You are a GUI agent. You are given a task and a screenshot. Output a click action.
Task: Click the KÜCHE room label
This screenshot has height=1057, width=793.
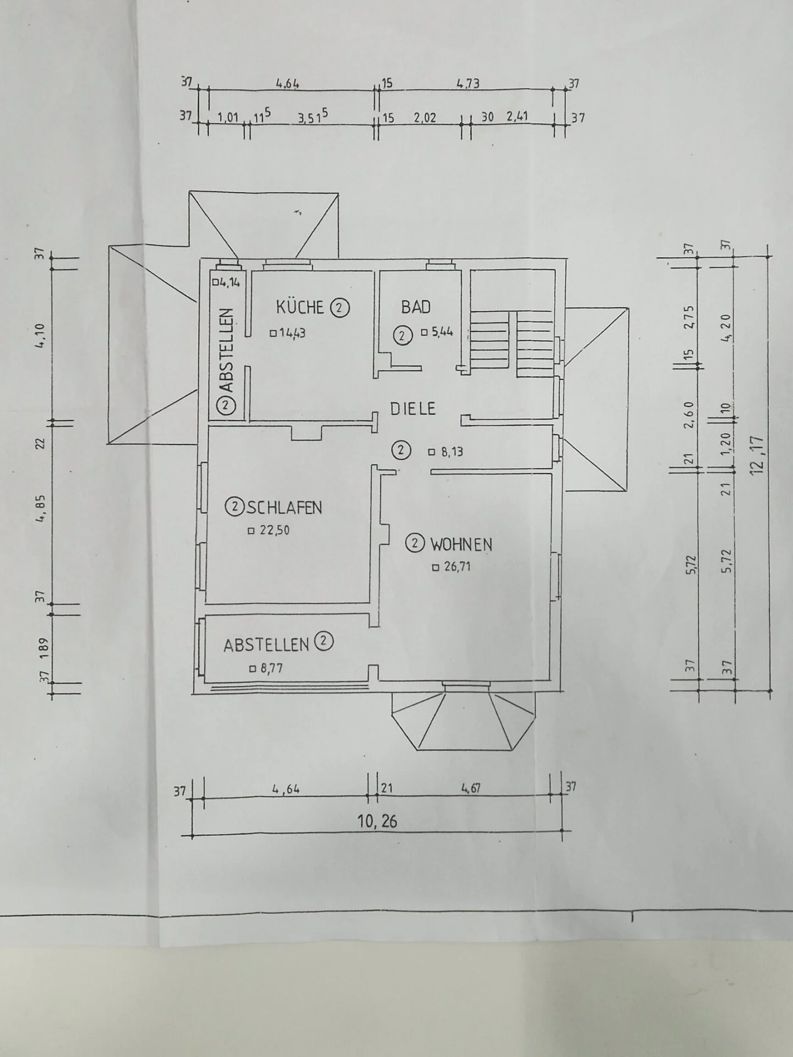[x=300, y=307]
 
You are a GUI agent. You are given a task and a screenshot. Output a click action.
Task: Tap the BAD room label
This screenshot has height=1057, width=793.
[x=416, y=307]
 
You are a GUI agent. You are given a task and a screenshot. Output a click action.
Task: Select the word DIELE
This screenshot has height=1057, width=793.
[x=413, y=408]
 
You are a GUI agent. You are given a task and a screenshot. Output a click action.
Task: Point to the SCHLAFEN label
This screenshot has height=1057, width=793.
[x=284, y=507]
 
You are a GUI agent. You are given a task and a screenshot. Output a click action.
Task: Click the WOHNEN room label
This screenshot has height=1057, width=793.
[x=461, y=544]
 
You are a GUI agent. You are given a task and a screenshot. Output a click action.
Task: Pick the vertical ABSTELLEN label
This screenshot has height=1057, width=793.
[x=227, y=350]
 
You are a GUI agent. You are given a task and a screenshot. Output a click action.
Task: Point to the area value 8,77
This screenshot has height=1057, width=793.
[x=271, y=669]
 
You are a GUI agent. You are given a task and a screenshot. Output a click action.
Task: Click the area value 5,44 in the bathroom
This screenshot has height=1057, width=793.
[x=442, y=332]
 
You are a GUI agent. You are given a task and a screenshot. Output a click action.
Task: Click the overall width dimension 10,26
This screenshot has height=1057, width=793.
[x=377, y=821]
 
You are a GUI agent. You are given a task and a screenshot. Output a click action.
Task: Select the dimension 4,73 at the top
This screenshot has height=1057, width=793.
[x=468, y=84]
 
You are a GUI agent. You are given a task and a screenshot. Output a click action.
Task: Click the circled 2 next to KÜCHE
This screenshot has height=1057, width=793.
[x=339, y=308]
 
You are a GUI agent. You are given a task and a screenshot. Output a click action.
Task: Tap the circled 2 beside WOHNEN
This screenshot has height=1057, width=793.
[x=415, y=544]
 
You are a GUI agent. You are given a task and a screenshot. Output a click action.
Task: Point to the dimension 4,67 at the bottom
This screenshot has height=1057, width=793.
[x=471, y=788]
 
